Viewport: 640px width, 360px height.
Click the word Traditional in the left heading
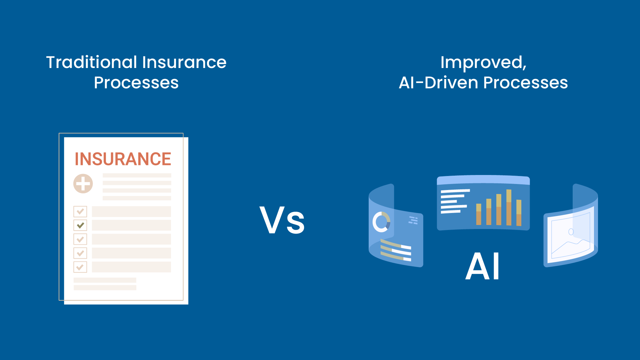point(92,62)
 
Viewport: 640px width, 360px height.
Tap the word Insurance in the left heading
point(184,62)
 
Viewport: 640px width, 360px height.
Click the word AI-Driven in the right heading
point(438,83)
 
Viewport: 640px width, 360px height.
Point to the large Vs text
point(282,220)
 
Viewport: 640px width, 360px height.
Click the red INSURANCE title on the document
point(123,159)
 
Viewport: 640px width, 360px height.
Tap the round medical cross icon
point(83,184)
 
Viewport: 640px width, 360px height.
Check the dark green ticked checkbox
point(80,225)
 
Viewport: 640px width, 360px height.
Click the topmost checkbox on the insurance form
point(80,211)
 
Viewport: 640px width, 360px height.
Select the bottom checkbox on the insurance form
point(80,267)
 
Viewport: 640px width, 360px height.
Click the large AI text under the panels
point(482,266)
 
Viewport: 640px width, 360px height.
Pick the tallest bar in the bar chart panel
point(509,207)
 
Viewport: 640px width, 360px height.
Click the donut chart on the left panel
point(381,222)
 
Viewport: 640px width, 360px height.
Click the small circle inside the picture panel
point(571,232)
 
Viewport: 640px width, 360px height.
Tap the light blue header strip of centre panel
point(483,180)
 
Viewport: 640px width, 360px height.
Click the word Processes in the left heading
point(136,83)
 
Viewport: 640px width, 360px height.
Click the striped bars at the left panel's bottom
point(396,250)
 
